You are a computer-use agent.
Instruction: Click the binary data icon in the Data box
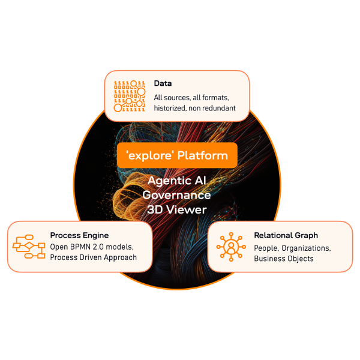click(x=130, y=96)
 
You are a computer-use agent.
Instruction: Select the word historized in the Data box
click(x=173, y=108)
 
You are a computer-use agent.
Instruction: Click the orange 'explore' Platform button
click(x=178, y=155)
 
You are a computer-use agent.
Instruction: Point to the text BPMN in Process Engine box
click(x=83, y=247)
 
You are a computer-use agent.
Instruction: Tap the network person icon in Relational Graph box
click(x=229, y=247)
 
